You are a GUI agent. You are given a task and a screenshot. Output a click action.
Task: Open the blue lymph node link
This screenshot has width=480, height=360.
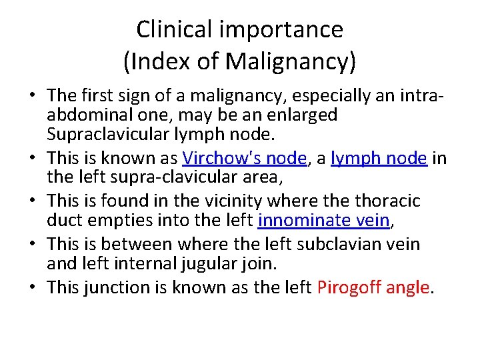pos(379,158)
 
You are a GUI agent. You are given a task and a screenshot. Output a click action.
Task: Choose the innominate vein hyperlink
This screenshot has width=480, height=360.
pos(323,220)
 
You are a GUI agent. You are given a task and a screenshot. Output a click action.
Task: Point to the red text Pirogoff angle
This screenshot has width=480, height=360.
pos(374,287)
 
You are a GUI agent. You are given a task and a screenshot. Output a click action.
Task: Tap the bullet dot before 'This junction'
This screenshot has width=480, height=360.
pos(32,287)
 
